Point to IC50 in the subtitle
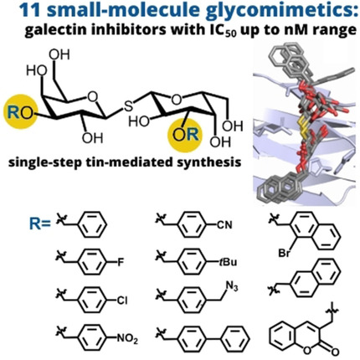tap(222, 30)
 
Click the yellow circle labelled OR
tap(184, 134)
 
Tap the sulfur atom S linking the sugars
tap(128, 105)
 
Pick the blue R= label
tap(40, 224)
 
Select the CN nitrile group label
tap(224, 224)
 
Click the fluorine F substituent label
tap(121, 262)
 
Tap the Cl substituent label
tap(122, 301)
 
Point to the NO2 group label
tap(127, 339)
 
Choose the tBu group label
tap(228, 262)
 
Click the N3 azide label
tap(232, 286)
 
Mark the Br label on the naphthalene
tap(284, 254)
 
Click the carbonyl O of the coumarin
tap(335, 350)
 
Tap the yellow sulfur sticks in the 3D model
tap(302, 129)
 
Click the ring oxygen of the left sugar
tap(92, 96)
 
